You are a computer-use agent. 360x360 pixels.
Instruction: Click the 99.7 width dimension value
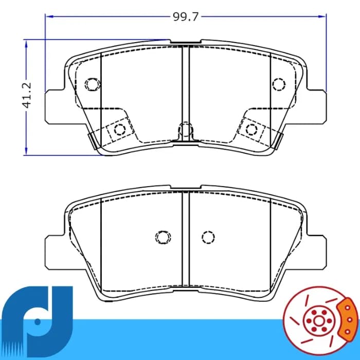[x=185, y=17]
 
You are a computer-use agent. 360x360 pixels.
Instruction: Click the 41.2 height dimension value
[x=27, y=95]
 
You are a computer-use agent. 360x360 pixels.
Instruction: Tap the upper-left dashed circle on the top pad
[x=93, y=84]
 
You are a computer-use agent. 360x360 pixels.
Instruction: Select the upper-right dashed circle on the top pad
[x=279, y=84]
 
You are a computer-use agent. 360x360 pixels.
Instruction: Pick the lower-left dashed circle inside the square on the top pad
[x=120, y=130]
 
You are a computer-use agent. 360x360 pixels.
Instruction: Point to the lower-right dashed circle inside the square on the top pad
[x=251, y=129]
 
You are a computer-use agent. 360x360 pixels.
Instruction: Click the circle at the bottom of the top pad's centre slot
[x=186, y=129]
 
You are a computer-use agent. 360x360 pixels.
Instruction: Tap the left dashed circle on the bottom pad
[x=163, y=237]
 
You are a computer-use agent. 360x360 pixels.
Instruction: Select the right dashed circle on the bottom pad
[x=208, y=237]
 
